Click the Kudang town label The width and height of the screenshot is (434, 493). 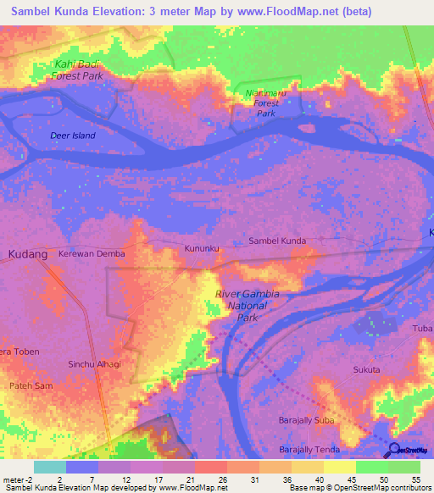click(25, 253)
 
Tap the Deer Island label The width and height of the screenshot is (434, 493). click(72, 136)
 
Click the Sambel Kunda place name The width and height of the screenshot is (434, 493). click(277, 241)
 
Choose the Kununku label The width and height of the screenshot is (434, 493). click(202, 248)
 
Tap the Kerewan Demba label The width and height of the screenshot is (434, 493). click(92, 254)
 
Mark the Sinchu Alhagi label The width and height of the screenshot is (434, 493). click(94, 363)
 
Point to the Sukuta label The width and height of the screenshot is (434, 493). click(366, 370)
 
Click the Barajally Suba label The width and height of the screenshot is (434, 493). click(306, 420)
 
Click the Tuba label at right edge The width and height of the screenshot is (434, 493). click(422, 329)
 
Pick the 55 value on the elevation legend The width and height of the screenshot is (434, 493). click(415, 479)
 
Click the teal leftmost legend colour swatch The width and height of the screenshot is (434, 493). click(49, 467)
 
